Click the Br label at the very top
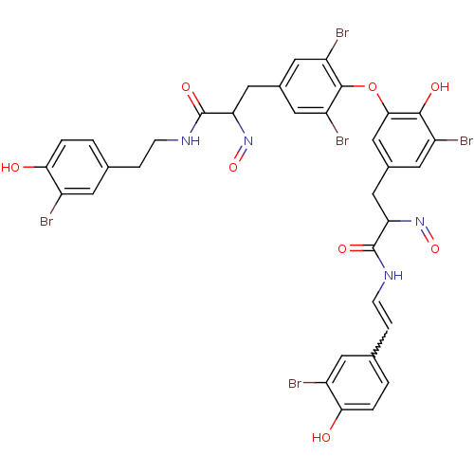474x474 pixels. click(342, 33)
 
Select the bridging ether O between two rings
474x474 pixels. click(373, 86)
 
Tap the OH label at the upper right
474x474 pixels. click(440, 86)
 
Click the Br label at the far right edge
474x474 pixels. click(466, 140)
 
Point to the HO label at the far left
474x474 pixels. click(10, 167)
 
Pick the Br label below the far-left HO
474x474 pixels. click(46, 221)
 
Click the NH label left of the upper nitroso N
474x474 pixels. click(191, 140)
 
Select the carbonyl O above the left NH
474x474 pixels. click(186, 86)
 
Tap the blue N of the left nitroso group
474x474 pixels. click(248, 140)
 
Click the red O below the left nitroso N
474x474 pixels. click(233, 167)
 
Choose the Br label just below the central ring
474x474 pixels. click(342, 140)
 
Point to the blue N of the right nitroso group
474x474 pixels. click(420, 221)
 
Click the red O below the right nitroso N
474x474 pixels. click(435, 248)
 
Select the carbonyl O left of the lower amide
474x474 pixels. click(342, 248)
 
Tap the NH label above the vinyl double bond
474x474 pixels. click(393, 276)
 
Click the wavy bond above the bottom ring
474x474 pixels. click(381, 343)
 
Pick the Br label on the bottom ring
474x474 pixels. click(295, 383)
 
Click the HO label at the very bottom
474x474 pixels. click(321, 437)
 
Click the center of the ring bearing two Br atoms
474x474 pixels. click(311, 86)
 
